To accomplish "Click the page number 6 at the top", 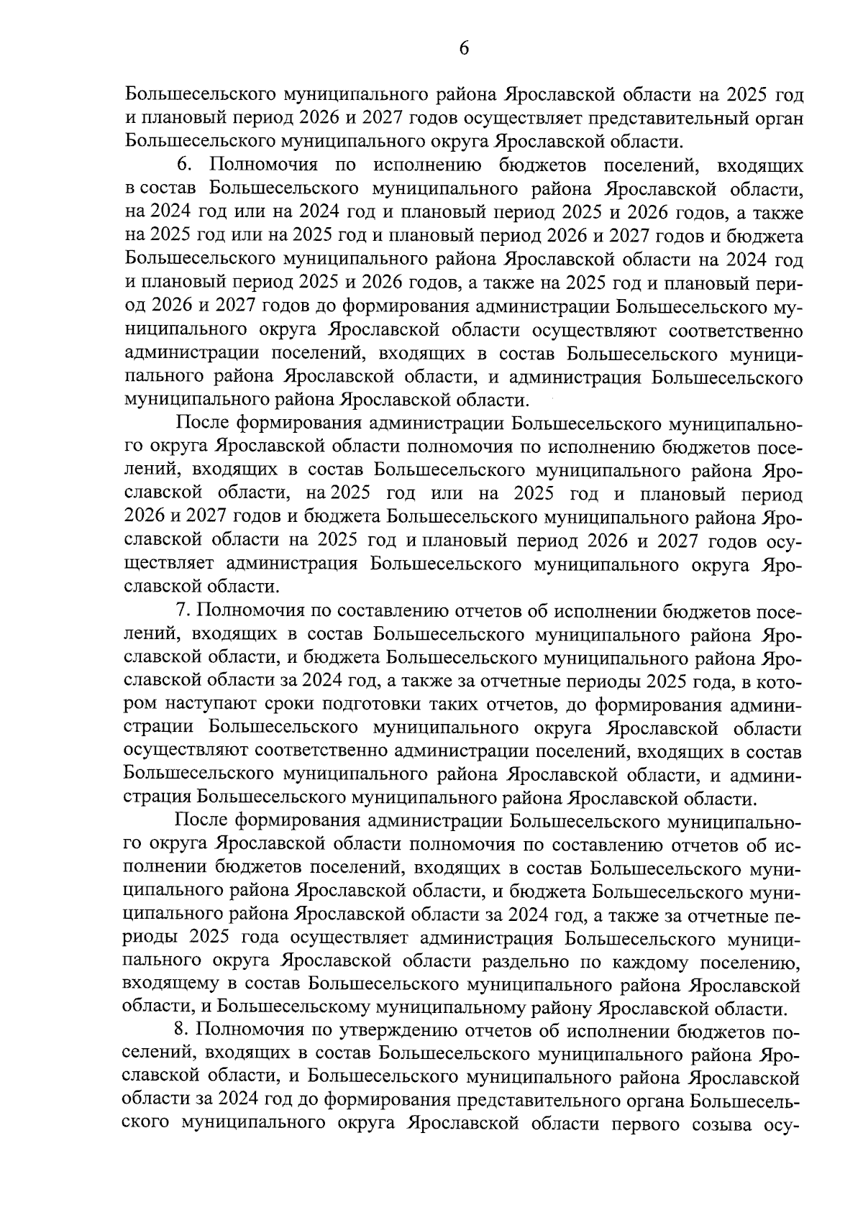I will tap(463, 48).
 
